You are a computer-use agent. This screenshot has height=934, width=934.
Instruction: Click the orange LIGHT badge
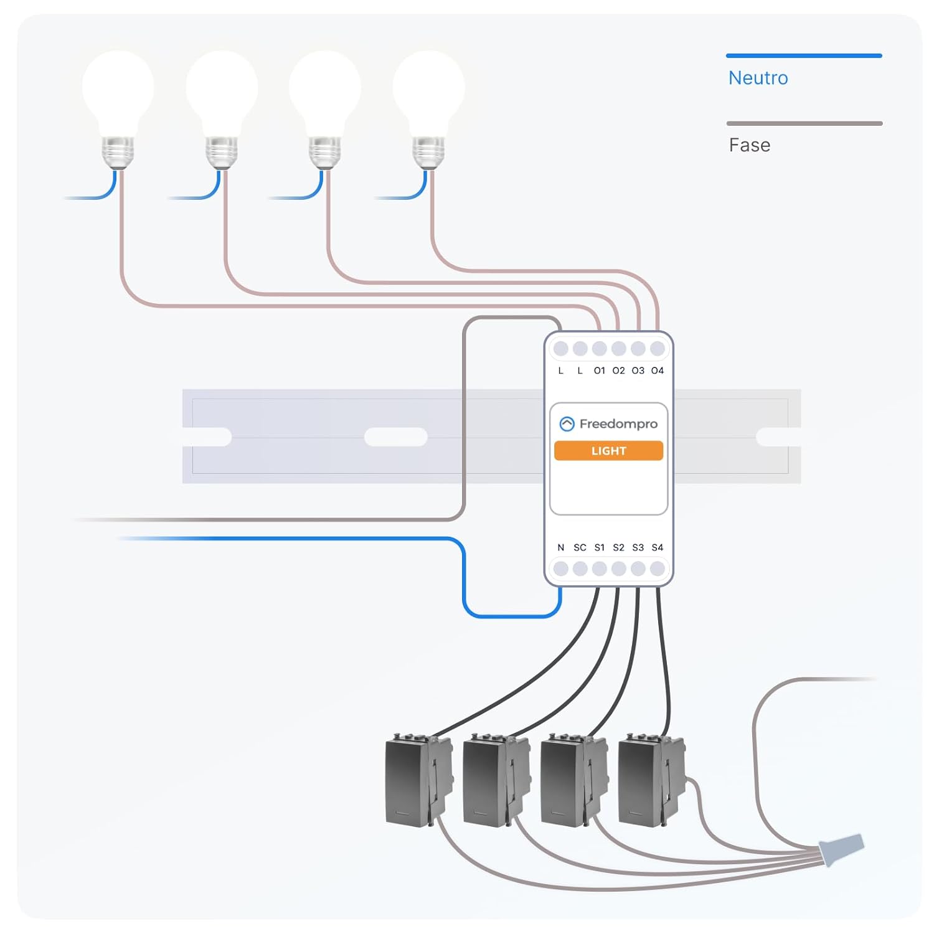coord(608,451)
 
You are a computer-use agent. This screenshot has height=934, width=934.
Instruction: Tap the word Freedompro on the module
coord(618,424)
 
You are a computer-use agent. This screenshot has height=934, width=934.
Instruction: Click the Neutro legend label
coord(758,78)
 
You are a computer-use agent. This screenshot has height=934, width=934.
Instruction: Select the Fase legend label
coord(749,145)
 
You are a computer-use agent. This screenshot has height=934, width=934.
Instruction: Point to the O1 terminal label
coord(599,370)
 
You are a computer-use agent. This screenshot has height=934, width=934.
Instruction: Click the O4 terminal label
coord(657,370)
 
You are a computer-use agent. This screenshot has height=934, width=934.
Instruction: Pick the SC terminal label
coord(580,547)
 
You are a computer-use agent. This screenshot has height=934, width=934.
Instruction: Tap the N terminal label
coord(560,547)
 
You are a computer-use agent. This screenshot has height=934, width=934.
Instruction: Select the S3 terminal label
coord(638,547)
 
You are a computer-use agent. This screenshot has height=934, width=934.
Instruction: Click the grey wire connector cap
coord(842,848)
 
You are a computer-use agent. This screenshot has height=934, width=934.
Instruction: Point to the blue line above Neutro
coord(803,56)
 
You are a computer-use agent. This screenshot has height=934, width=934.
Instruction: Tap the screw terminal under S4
coord(657,568)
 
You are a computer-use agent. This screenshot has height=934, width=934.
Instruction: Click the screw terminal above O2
coord(618,349)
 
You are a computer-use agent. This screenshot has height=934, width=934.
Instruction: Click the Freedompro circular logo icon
coord(567,424)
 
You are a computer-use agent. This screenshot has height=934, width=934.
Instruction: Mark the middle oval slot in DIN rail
coord(395,437)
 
